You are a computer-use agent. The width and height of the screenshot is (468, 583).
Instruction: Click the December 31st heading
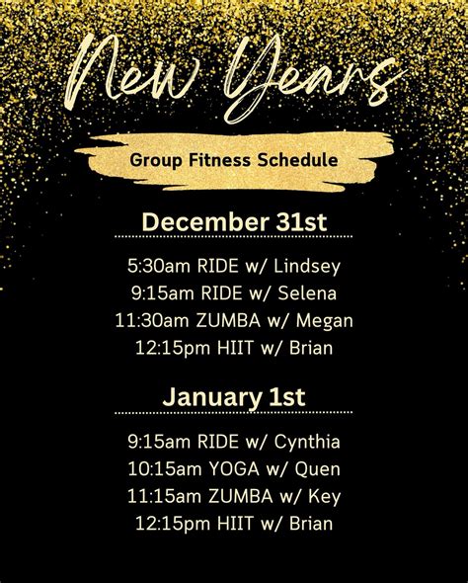[233, 221]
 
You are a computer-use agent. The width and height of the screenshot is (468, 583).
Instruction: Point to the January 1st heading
[233, 397]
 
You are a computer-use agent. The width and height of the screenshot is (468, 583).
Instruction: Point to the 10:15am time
[159, 467]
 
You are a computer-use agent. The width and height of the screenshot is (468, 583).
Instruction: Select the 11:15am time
[157, 495]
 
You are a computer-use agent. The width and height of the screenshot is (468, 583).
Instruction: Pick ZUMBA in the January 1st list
[230, 495]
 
